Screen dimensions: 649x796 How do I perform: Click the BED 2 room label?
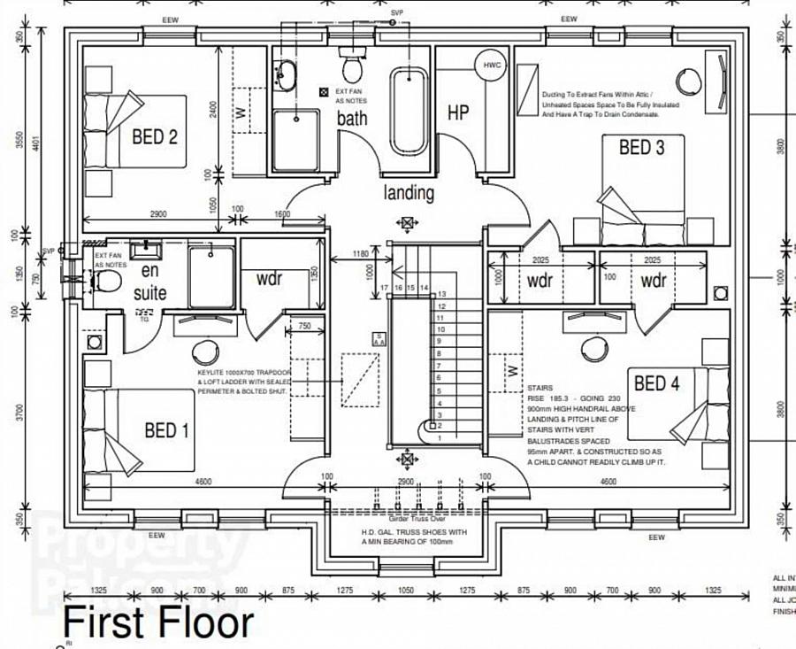tap(155, 137)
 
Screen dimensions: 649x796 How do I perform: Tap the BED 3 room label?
tap(641, 147)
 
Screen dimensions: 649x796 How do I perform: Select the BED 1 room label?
tap(167, 431)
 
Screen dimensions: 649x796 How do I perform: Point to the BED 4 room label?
tap(657, 383)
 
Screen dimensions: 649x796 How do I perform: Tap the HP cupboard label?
tap(457, 112)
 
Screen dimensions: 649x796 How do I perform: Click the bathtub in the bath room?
tap(409, 109)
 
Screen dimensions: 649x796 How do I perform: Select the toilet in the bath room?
tap(352, 67)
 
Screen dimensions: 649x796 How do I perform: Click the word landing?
tap(409, 192)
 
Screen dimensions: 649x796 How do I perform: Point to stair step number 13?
tap(441, 293)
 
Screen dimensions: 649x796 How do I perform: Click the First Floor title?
tap(158, 622)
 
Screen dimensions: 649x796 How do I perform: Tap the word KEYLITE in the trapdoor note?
tap(212, 373)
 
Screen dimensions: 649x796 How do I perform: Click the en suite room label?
tap(148, 282)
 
